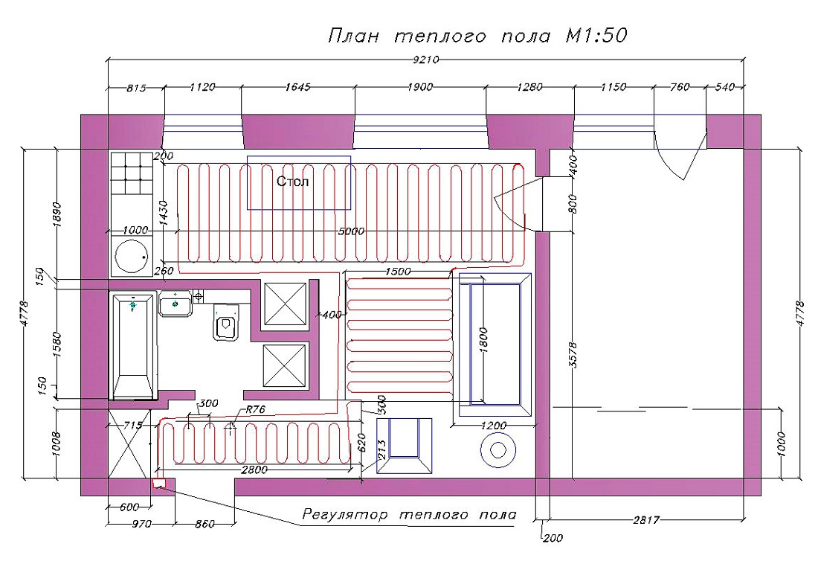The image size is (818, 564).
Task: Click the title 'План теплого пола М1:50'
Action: (x=477, y=36)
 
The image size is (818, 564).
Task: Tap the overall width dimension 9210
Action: (x=425, y=60)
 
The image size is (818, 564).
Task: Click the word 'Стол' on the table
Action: (x=292, y=182)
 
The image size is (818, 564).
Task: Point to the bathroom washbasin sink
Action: (x=175, y=304)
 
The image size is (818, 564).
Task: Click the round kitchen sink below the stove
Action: (x=132, y=257)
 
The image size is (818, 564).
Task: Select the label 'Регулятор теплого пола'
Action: (x=410, y=514)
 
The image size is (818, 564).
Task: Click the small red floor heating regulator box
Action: (x=158, y=483)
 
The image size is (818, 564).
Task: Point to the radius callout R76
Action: (x=255, y=409)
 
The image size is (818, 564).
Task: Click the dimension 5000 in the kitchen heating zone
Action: (x=351, y=231)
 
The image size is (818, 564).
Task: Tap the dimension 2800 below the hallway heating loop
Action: (x=254, y=470)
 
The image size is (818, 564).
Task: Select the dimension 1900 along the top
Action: (x=420, y=87)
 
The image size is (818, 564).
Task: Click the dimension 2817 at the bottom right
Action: (x=645, y=519)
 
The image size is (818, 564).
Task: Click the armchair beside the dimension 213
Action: (x=405, y=446)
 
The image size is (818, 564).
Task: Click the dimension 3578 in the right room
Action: (x=573, y=355)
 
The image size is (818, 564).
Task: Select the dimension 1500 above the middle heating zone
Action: (x=398, y=272)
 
